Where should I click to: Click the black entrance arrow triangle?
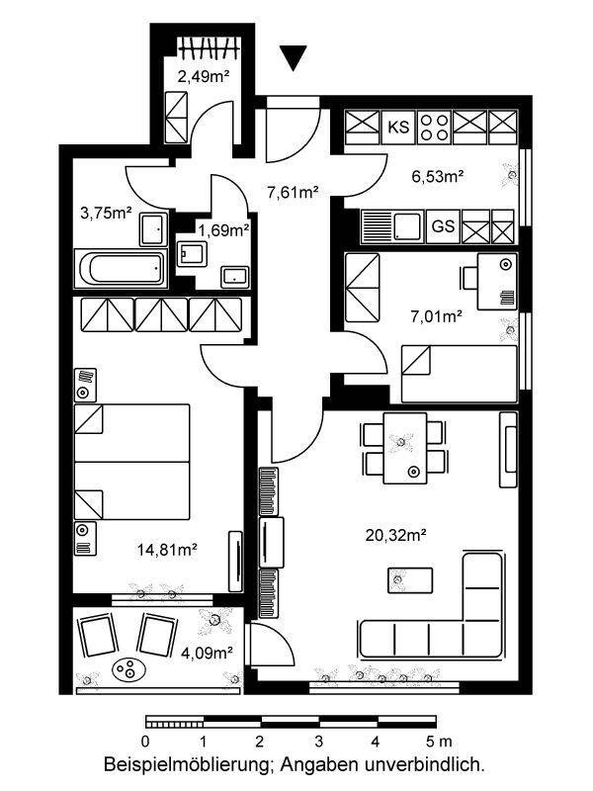[293, 58]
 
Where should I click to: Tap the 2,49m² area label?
[204, 77]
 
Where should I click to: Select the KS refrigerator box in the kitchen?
[398, 127]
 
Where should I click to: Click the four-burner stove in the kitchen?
[434, 127]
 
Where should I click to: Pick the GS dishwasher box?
[443, 226]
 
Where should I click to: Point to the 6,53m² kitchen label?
[438, 177]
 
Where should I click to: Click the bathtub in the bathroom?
[121, 268]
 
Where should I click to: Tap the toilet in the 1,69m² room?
[192, 253]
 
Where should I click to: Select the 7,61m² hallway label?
[293, 192]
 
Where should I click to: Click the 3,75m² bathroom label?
[106, 213]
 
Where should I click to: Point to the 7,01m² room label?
[437, 316]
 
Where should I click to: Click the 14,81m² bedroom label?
[167, 550]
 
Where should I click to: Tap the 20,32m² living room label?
[396, 535]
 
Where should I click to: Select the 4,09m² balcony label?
[207, 653]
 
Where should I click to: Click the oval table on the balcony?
[129, 670]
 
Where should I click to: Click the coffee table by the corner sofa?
[410, 580]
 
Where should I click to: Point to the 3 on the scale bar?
[318, 742]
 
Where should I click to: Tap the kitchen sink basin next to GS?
[406, 226]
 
